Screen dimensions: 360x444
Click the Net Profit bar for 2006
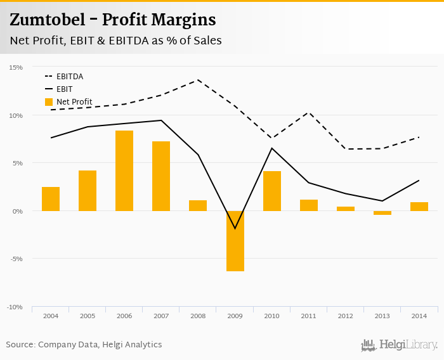click(124, 170)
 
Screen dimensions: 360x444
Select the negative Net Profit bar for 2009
click(235, 241)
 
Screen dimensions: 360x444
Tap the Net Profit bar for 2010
click(271, 191)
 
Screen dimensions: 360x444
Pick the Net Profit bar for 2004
click(51, 198)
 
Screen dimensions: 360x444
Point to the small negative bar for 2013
click(382, 213)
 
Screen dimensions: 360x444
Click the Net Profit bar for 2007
click(161, 176)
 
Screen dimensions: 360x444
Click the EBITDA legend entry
click(70, 77)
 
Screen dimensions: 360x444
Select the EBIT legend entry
click(64, 89)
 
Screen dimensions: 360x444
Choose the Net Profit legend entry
click(74, 102)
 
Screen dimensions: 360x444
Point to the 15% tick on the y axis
click(16, 67)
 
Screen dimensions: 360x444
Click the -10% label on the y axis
click(15, 307)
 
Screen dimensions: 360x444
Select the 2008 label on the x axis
click(198, 315)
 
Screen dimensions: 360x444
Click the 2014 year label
click(419, 315)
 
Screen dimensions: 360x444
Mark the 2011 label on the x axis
click(308, 315)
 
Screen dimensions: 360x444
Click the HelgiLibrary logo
click(400, 345)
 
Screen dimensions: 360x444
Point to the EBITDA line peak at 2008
click(198, 80)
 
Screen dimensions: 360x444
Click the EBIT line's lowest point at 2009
click(235, 228)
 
